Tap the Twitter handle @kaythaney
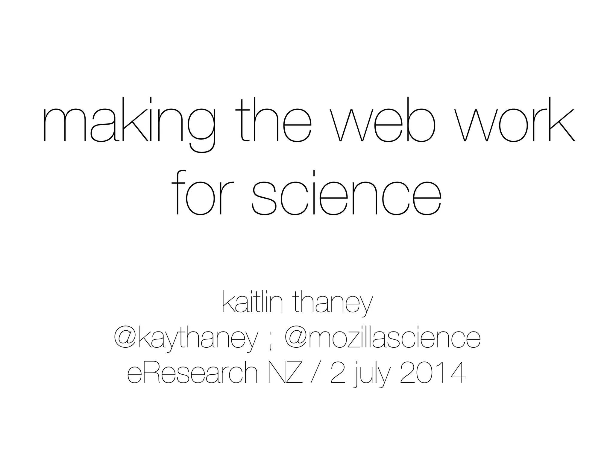186,339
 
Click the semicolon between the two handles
271,341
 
